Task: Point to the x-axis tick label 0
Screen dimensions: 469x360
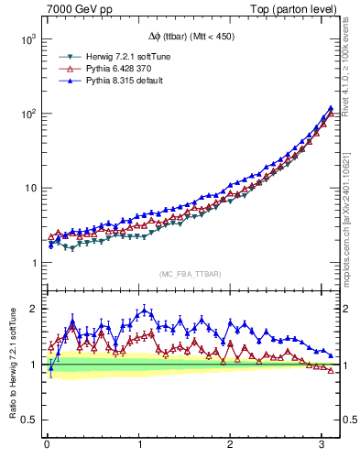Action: [47, 445]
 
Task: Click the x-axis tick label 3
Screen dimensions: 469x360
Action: [322, 445]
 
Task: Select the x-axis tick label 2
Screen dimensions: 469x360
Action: [231, 445]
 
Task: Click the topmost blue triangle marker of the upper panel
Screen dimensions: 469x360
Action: [329, 108]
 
